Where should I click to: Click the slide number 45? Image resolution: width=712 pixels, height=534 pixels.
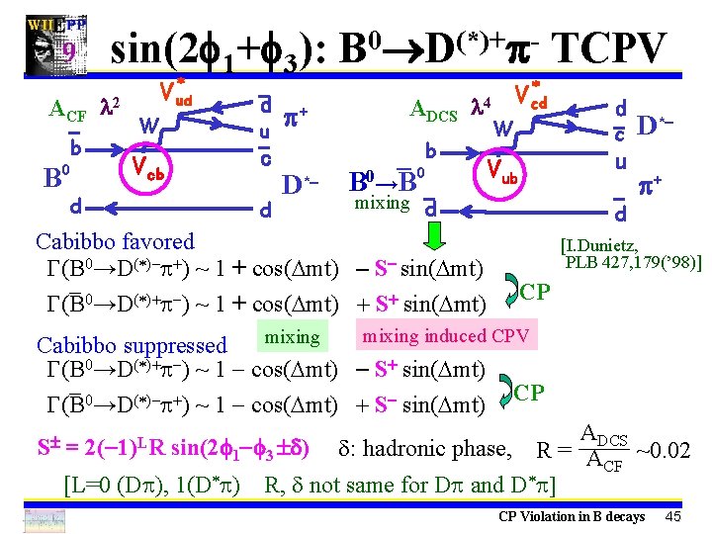pyautogui.click(x=673, y=516)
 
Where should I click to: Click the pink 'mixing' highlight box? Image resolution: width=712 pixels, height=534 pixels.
pyautogui.click(x=292, y=337)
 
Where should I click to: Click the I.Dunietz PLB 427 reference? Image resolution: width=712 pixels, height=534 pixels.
pyautogui.click(x=630, y=254)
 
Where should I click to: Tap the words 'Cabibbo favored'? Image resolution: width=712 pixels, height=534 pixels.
pyautogui.click(x=115, y=241)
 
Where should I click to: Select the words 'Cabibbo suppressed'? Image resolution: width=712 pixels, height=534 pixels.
pyautogui.click(x=132, y=345)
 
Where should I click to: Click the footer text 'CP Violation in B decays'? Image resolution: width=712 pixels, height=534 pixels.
pyautogui.click(x=572, y=516)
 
